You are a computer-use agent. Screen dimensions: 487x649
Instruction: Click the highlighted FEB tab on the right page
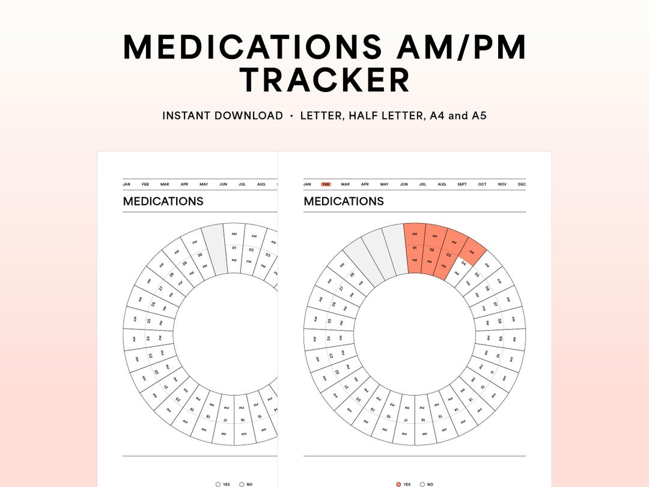[326, 185]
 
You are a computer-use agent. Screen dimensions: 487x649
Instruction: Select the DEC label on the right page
[522, 185]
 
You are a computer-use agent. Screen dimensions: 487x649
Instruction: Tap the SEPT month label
[462, 185]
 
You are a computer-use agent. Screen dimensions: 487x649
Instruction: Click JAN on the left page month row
[127, 185]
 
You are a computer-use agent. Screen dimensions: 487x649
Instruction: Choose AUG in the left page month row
[261, 185]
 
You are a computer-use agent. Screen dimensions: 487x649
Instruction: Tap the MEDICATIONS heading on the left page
[163, 201]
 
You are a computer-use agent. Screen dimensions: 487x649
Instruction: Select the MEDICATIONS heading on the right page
[344, 201]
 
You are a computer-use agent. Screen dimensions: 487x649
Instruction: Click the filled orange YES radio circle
[399, 484]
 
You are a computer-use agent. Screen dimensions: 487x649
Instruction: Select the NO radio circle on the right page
[422, 484]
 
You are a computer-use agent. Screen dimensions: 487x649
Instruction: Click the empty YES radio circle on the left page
[218, 484]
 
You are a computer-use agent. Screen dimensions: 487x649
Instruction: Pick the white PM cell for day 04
[456, 273]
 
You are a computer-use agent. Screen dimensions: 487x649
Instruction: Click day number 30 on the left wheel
[199, 254]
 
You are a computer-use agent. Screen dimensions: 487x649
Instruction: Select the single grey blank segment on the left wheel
[213, 248]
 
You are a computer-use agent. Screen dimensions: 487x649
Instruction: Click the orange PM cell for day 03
[443, 265]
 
